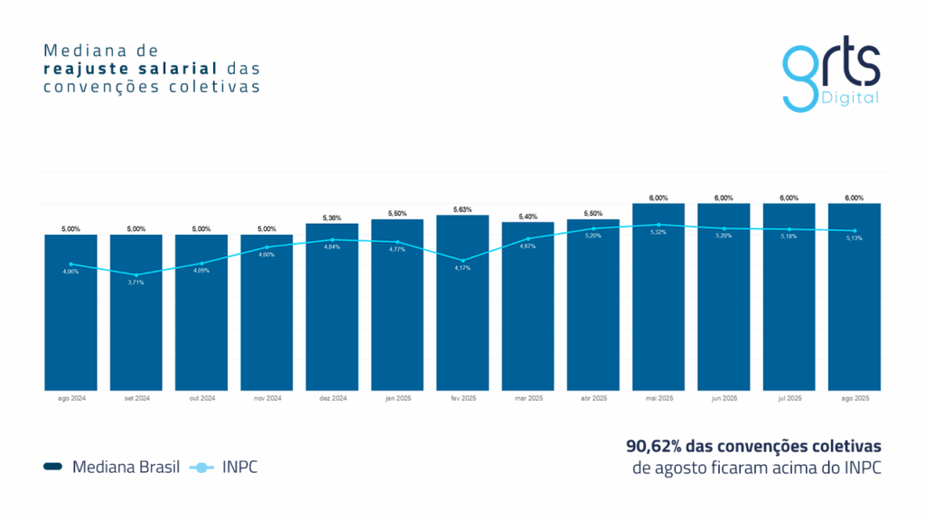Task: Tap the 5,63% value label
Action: click(462, 209)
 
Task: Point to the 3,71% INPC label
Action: click(136, 283)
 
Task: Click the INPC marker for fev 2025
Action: click(462, 260)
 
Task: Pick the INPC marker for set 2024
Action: click(136, 274)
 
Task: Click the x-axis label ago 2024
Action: click(71, 398)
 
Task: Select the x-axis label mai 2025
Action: click(659, 398)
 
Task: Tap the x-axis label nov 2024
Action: click(267, 398)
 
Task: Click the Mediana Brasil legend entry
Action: click(112, 467)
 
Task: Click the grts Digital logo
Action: click(830, 77)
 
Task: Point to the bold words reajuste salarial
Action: click(131, 68)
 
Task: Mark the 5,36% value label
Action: click(332, 218)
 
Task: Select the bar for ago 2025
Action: click(855, 297)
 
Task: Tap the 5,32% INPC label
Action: click(659, 232)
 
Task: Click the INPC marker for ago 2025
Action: click(855, 230)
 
